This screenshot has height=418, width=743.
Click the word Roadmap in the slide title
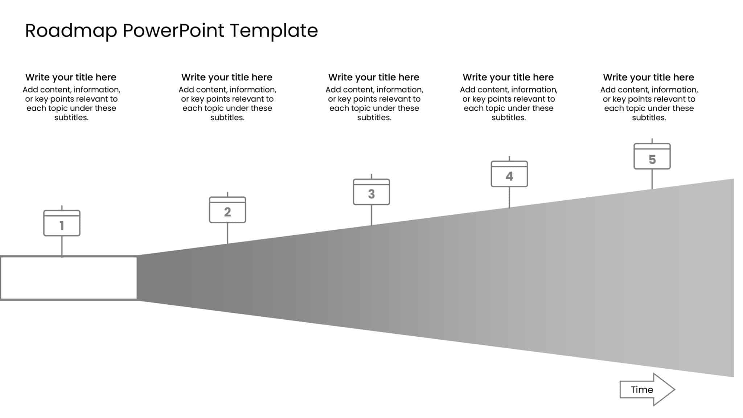[71, 31]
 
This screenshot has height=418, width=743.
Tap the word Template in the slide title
[274, 31]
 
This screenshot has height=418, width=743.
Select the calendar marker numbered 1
[62, 224]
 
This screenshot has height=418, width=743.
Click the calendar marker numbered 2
[227, 210]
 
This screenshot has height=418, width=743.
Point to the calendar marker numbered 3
[371, 192]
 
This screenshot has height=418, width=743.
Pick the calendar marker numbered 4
[509, 175]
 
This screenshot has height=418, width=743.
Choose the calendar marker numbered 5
[652, 157]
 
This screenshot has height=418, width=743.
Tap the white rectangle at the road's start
[69, 278]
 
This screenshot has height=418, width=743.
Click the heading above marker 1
[71, 77]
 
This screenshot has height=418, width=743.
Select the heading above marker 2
[227, 77]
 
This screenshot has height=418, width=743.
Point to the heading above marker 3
[374, 77]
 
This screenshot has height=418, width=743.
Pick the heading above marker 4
[508, 77]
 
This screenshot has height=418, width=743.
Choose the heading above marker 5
[648, 77]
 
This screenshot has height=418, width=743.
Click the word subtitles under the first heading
[71, 118]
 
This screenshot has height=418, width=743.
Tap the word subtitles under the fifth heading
[649, 118]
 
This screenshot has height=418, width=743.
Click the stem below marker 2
[227, 233]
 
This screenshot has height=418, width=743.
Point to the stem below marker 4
[509, 197]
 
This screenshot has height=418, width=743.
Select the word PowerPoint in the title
[173, 31]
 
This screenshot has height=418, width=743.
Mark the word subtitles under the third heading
[374, 118]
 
